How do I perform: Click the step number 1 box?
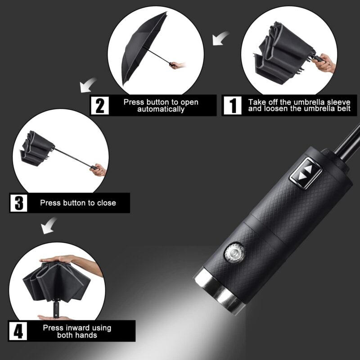233,106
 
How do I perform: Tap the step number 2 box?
100,105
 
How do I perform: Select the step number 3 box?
19,203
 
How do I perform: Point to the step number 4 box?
18,332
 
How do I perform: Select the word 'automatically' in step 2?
161,109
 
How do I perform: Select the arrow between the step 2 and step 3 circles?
88,84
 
